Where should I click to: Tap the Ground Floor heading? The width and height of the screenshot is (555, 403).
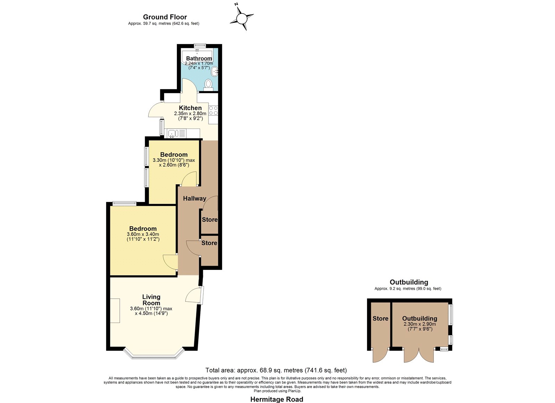[x=165, y=17]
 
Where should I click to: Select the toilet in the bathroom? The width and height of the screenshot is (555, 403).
[x=208, y=85]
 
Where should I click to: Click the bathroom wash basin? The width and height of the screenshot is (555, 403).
[x=215, y=71]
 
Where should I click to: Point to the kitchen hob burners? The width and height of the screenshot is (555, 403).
[x=213, y=111]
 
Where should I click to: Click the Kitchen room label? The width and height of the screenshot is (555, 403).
[x=190, y=108]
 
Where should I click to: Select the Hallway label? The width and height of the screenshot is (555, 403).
[x=195, y=198]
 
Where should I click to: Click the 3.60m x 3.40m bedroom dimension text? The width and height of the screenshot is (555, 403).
[x=143, y=234]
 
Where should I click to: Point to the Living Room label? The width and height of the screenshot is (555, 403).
[x=151, y=300]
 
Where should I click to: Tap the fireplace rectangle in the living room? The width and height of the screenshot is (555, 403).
[x=115, y=310]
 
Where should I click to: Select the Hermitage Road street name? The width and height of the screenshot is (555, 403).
[x=277, y=399]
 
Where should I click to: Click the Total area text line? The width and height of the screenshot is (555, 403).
[x=276, y=370]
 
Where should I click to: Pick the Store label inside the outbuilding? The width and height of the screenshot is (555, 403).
[x=380, y=318]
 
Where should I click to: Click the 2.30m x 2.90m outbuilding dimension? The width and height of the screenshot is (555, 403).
[x=420, y=324]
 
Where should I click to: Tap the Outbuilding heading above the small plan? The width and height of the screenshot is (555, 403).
[x=409, y=282]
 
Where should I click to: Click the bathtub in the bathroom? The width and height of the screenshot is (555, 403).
[x=197, y=56]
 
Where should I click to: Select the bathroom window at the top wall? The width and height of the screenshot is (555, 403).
[x=200, y=45]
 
